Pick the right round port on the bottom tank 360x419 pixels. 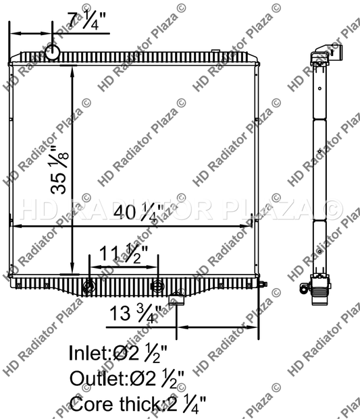pos(157,286)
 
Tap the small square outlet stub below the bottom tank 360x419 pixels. pos(177,298)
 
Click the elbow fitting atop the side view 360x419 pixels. pos(327,53)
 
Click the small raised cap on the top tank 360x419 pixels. pos(215,51)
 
